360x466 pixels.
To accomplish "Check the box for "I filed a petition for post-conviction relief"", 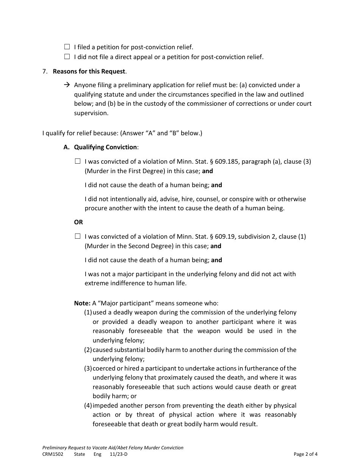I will (x=67, y=47).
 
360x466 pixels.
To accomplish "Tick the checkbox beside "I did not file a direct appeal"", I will (x=67, y=57).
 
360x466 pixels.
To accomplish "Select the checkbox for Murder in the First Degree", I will (x=78, y=161).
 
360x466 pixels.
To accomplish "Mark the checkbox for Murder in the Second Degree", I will (x=78, y=236).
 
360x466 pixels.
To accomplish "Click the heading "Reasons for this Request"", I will (x=89, y=71).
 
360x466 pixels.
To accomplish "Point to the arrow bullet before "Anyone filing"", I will (x=67, y=85).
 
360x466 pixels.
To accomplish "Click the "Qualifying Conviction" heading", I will (x=105, y=147).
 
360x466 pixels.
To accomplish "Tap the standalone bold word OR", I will (x=78, y=222).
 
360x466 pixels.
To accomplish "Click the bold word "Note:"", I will (x=82, y=303).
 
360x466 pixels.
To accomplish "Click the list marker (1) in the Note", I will (x=88, y=313).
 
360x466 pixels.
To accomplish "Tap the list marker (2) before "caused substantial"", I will (x=88, y=350).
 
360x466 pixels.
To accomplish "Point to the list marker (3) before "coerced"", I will (x=88, y=368).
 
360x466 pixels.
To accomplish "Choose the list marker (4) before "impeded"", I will (x=88, y=405).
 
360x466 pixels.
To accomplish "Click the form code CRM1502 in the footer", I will (x=53, y=454).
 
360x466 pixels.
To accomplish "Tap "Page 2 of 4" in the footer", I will (x=305, y=454).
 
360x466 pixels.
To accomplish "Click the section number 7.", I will (x=45, y=71).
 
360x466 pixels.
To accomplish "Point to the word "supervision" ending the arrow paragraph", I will (x=91, y=113).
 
